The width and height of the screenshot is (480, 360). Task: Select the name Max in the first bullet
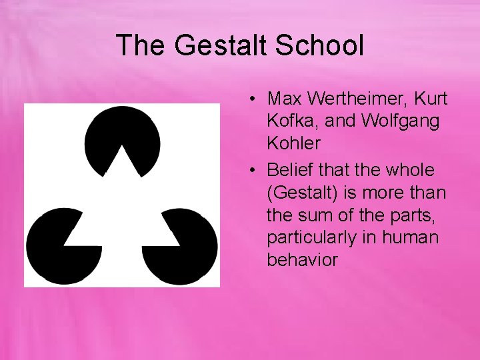[284, 99]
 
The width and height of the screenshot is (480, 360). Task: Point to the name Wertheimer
[355, 99]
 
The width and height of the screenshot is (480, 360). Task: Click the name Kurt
[431, 99]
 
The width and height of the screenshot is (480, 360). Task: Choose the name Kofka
[289, 121]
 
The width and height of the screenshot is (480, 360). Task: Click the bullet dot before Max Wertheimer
[255, 100]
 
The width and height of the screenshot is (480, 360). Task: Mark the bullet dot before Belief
[255, 171]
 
